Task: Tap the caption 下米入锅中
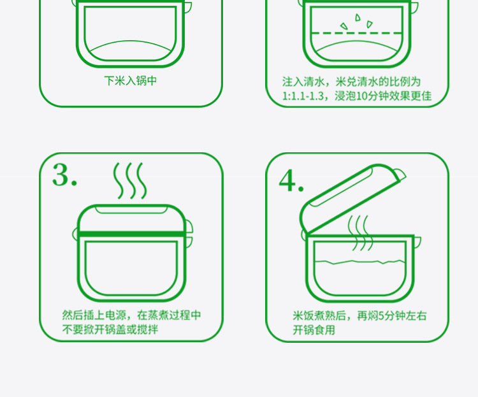pos(131,81)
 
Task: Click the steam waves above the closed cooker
pos(130,180)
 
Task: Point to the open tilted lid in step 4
pos(351,198)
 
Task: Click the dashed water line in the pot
pos(357,32)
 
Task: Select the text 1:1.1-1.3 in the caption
pos(303,96)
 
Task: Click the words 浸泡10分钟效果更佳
pos(383,96)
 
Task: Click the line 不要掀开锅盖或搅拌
pos(110,329)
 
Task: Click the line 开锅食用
pos(314,330)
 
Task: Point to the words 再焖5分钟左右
pos(392,316)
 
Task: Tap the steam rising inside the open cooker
pos(360,233)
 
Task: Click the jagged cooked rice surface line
pos(359,262)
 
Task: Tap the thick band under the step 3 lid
pos(131,234)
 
